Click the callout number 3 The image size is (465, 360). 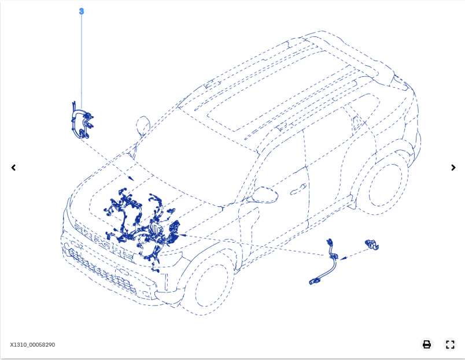pos(81,11)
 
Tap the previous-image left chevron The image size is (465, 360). pos(13,168)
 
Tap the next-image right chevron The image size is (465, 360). pos(453,168)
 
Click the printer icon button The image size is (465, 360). pos(427,344)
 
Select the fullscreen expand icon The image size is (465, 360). pos(450,344)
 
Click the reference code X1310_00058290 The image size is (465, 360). pos(32,345)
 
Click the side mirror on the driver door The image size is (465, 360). pos(263,195)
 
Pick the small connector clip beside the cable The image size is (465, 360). pos(371,244)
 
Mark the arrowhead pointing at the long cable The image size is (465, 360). pos(343,258)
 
